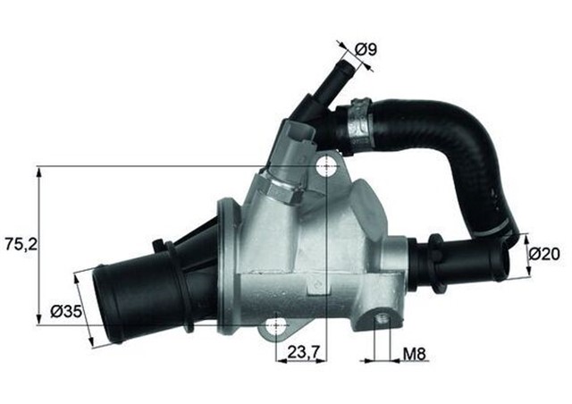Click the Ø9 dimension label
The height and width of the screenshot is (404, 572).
click(x=365, y=49)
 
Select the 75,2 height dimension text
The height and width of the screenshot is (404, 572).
click(x=19, y=243)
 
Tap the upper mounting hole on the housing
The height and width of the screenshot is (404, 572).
click(x=328, y=166)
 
